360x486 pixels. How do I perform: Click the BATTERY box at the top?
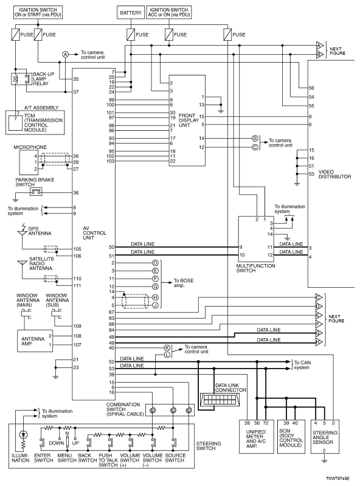[x=131, y=13]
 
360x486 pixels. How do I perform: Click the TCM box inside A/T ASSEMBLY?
[x=15, y=122]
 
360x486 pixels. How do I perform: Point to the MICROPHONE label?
[x=30, y=147]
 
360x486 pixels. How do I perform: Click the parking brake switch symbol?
[x=36, y=192]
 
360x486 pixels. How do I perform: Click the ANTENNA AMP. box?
[x=35, y=341]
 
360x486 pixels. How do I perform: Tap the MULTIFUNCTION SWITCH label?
[x=255, y=268]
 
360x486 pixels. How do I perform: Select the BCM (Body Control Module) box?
[x=291, y=436]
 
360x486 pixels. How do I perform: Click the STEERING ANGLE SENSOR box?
[x=324, y=436]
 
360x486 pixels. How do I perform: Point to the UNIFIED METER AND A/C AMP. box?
[x=257, y=436]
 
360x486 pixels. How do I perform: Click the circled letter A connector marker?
[x=65, y=54]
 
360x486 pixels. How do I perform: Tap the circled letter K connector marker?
[x=167, y=348]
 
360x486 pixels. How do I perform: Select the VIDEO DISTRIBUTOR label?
[x=334, y=174]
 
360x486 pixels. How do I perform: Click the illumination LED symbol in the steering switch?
[x=23, y=434]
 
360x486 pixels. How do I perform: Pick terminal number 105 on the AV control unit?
[x=77, y=249]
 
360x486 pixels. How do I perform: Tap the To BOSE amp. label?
[x=184, y=283]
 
